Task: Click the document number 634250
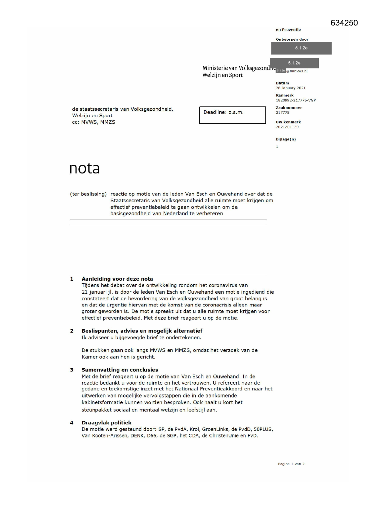pyautogui.click(x=344, y=23)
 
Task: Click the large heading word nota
pyautogui.click(x=85, y=169)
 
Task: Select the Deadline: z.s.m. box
pyautogui.click(x=232, y=115)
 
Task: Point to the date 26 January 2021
pyautogui.click(x=290, y=88)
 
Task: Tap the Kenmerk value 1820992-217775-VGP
pyautogui.click(x=295, y=100)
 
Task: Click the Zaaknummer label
pyautogui.click(x=288, y=107)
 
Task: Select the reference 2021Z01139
pyautogui.click(x=287, y=127)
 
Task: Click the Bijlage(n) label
pyautogui.click(x=285, y=139)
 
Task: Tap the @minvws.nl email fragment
pyautogui.click(x=297, y=71)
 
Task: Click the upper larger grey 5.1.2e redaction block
pyautogui.click(x=301, y=48)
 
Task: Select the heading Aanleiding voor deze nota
pyautogui.click(x=117, y=279)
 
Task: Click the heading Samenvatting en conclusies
pyautogui.click(x=120, y=370)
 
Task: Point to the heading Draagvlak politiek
pyautogui.click(x=106, y=423)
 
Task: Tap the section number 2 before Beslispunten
pyautogui.click(x=72, y=331)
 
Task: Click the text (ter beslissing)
pyautogui.click(x=88, y=194)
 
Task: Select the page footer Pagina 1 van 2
pyautogui.click(x=291, y=464)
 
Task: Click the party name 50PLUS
pyautogui.click(x=263, y=429)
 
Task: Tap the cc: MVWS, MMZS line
pyautogui.click(x=94, y=122)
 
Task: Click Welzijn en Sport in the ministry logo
pyautogui.click(x=222, y=75)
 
